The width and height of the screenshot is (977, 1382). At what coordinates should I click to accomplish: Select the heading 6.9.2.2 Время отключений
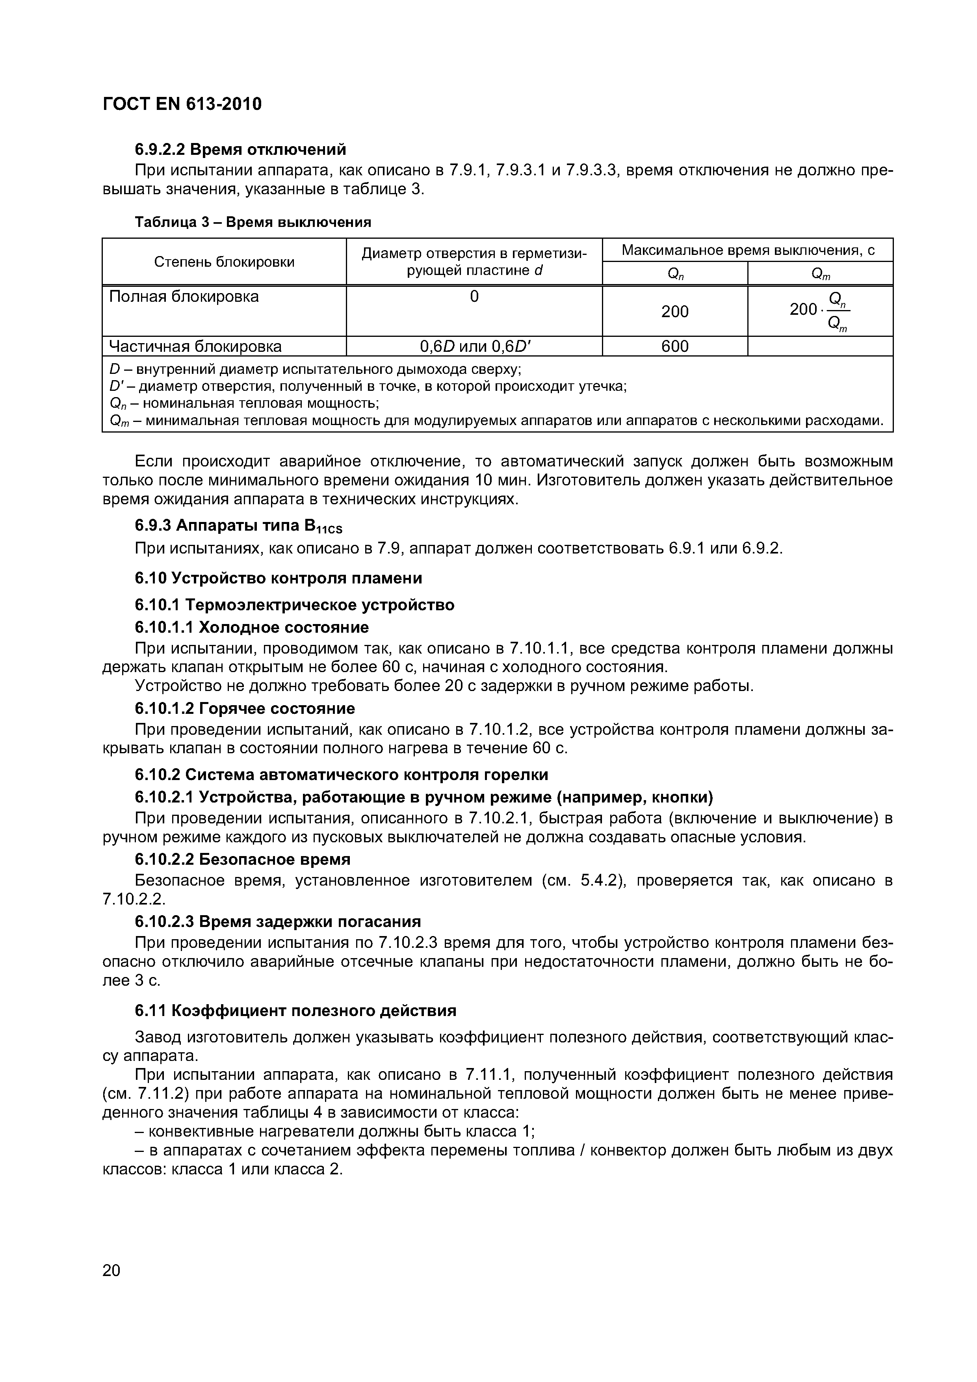[240, 149]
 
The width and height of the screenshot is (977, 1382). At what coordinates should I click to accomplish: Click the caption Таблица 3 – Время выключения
[253, 222]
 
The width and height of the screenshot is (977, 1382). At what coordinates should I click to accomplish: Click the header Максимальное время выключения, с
[748, 250]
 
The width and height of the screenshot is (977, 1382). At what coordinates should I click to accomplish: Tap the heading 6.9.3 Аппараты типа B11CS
[238, 526]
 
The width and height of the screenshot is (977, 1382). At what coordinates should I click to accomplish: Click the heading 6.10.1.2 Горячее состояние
[244, 708]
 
